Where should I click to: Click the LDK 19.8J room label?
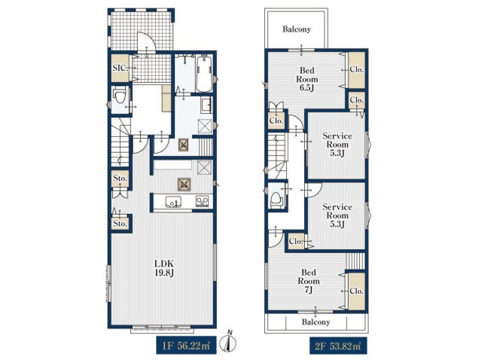coord(164,268)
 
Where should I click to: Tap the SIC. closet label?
coord(120,68)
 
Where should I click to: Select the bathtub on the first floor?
coord(203,74)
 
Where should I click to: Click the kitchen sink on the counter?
coord(174,203)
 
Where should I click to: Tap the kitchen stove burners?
coord(203,201)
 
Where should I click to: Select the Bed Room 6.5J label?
coord(307,79)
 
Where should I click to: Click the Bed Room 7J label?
coord(308,281)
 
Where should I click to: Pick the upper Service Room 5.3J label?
coord(337,145)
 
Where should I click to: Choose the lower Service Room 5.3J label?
coord(337,215)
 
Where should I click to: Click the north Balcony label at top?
coord(297,29)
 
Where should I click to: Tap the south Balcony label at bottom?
coord(316,322)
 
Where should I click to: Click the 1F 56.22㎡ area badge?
coord(186,346)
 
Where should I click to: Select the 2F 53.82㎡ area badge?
coord(338,346)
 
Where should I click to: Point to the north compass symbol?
coord(229,341)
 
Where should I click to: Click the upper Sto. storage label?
coord(120,178)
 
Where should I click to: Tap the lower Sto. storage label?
coord(120,224)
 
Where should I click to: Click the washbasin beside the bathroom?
coord(206,105)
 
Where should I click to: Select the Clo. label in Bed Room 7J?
coord(356,291)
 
